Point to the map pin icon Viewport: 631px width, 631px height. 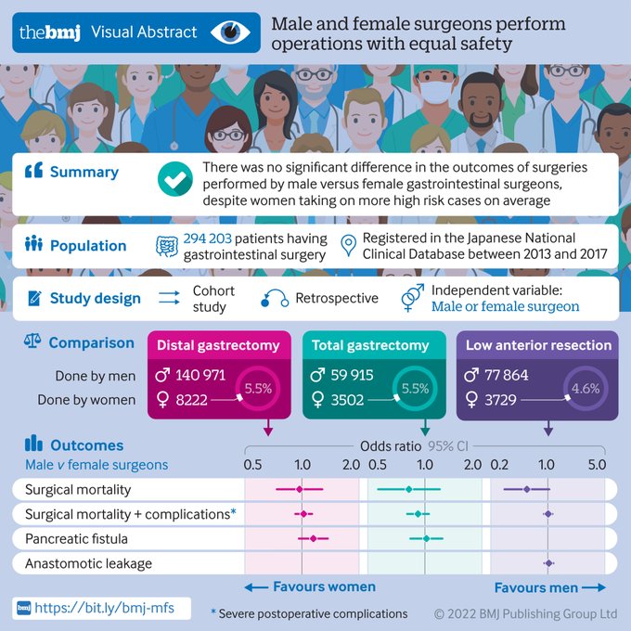(348, 245)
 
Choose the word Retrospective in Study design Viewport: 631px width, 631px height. (337, 298)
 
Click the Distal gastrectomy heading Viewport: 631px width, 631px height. (218, 345)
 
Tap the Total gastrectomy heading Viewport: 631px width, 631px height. (370, 345)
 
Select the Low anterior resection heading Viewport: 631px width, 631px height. (538, 345)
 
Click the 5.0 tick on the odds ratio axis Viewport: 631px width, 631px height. (597, 462)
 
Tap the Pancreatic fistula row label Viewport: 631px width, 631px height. (76, 538)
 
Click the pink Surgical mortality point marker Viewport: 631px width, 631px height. (300, 489)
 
